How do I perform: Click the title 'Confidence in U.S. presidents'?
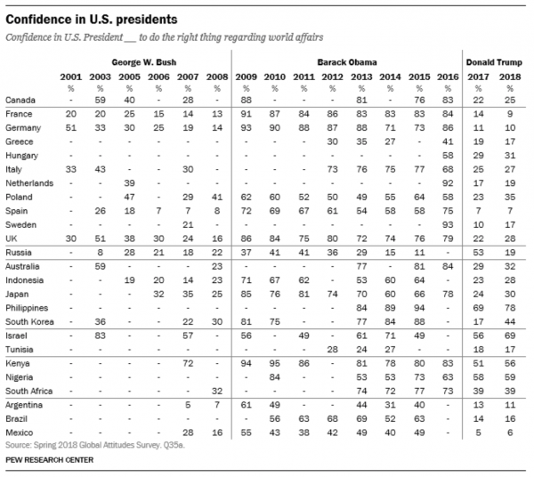point(92,20)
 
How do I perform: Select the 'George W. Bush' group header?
point(144,62)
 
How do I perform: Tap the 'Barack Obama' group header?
point(347,62)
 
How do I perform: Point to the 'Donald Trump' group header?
point(494,62)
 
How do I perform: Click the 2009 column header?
point(246,77)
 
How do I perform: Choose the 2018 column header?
point(510,77)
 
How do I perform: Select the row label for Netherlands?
point(29,183)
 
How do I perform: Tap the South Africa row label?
point(29,391)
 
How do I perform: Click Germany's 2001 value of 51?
point(71,127)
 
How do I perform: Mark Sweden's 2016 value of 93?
point(448,225)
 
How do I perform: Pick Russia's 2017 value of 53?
point(478,252)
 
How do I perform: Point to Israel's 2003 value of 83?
point(100,336)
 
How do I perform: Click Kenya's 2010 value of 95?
point(274,363)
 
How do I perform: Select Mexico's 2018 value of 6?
point(510,433)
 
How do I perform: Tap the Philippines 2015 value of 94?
point(419,308)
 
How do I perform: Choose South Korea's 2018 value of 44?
point(510,322)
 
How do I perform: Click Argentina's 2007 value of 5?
point(188,405)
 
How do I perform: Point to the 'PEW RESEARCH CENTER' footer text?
point(49,460)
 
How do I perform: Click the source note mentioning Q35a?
point(95,445)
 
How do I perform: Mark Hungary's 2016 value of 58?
point(448,155)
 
